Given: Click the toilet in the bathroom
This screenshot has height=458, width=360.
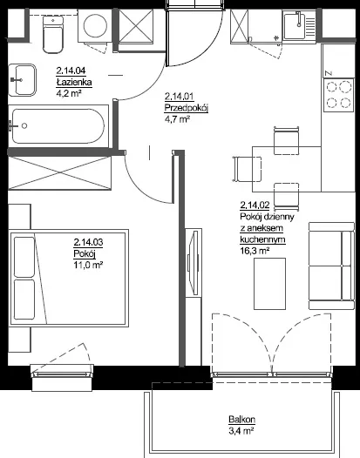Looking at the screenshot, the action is (x=53, y=35).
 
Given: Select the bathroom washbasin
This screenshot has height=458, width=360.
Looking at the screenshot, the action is (x=22, y=80).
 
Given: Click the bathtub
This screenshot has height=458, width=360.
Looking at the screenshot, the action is (x=58, y=126).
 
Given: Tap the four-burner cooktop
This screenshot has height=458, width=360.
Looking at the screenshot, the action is (x=339, y=95).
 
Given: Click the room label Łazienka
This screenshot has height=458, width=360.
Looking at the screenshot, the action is (x=74, y=83).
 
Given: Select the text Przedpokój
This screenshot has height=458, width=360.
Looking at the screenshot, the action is (x=187, y=108).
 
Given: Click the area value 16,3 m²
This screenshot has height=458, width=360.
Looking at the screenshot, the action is (x=255, y=251).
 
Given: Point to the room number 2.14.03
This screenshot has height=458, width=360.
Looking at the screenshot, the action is (x=88, y=242).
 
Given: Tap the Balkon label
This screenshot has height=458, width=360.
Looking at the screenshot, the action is (x=241, y=420).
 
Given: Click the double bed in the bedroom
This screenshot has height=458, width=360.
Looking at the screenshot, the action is (x=69, y=278).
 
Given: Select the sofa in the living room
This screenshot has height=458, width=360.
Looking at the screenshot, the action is (x=331, y=266).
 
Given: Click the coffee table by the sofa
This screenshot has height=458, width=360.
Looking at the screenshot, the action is (x=269, y=284).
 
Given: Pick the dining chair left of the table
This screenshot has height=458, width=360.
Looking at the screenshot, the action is (x=248, y=169).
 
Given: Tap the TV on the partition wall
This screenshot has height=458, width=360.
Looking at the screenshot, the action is (x=194, y=262).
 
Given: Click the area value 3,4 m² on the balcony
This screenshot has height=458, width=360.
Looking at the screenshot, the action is (x=241, y=431).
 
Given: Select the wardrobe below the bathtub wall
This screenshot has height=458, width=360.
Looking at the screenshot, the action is (x=59, y=173).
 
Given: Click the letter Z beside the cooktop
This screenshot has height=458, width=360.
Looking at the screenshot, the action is (x=329, y=73).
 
